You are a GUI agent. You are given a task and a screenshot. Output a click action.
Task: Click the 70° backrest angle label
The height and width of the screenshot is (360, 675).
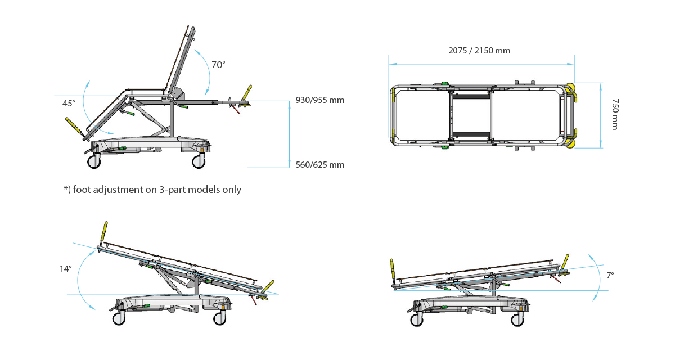tap(218, 65)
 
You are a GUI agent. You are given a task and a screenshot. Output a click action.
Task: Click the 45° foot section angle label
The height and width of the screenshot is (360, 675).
tap(69, 103)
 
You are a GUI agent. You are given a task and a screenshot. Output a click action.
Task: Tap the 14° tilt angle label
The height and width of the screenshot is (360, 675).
tap(66, 269)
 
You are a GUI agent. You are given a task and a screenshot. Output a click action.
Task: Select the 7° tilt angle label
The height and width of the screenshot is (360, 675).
tap(610, 276)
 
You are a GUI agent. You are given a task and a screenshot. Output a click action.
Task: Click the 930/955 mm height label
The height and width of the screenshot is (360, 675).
tap(320, 100)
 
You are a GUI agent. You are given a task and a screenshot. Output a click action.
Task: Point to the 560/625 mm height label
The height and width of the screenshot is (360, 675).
tap(320, 165)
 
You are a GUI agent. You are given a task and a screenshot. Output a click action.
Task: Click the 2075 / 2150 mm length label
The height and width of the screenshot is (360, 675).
tap(479, 51)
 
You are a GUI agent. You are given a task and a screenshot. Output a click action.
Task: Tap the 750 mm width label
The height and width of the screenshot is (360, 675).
tap(615, 114)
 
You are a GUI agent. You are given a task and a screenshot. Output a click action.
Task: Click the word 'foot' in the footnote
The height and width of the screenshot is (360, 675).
tap(82, 190)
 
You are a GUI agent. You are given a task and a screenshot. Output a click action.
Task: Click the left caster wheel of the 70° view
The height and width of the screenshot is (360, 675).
tap(94, 161)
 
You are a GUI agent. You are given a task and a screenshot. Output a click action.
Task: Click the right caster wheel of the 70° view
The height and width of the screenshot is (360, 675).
tap(199, 161)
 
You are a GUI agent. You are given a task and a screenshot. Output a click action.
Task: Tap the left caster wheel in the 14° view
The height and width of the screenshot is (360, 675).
tap(119, 318)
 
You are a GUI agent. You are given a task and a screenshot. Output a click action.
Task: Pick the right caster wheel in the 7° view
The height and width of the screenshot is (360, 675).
tap(517, 319)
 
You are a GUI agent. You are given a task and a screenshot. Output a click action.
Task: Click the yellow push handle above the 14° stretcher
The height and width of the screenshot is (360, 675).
tap(105, 231)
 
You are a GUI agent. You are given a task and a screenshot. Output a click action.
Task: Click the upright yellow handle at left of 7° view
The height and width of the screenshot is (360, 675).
tap(392, 268)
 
